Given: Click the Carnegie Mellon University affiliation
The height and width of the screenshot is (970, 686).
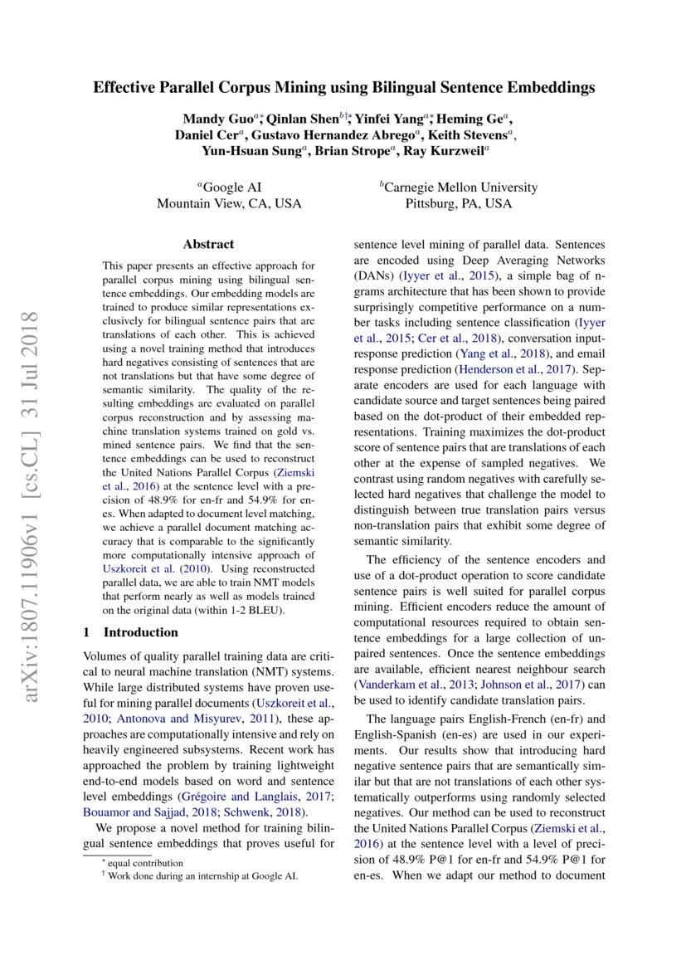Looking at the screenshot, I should click(459, 188).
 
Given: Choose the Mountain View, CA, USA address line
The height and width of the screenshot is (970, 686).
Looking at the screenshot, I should click(229, 203).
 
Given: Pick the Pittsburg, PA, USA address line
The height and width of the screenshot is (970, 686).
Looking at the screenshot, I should click(459, 203).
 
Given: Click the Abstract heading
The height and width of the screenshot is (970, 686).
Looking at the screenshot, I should click(208, 244).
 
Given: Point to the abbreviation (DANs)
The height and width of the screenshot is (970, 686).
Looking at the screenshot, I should click(375, 275).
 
